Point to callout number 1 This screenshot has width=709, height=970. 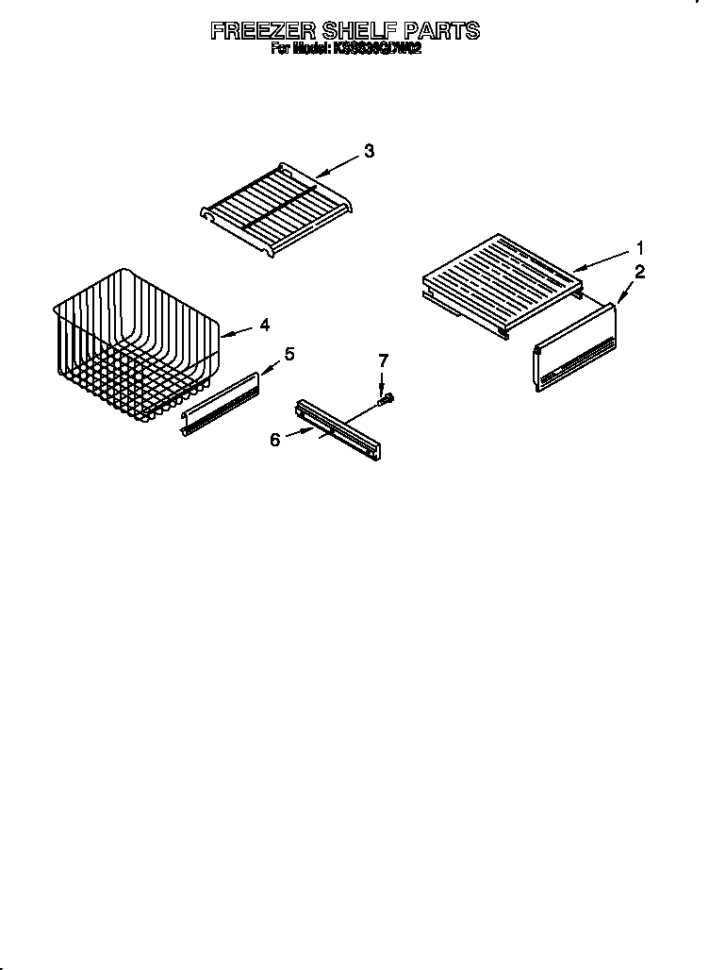[640, 249]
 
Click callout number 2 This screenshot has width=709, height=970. [640, 273]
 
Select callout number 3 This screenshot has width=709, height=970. [369, 151]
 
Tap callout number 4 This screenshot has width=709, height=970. [265, 325]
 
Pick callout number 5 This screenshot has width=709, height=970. [289, 354]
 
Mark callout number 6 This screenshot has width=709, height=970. [275, 440]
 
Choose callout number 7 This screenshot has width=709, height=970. [383, 360]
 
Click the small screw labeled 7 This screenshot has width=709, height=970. [385, 400]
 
